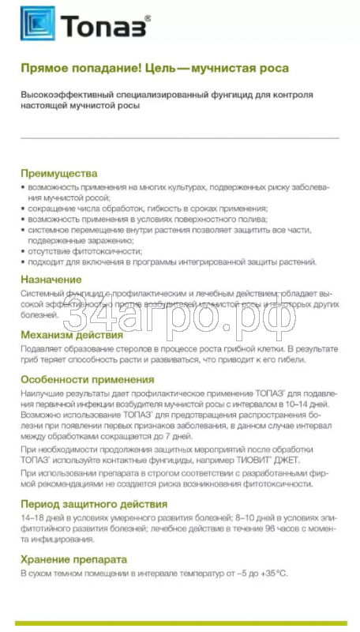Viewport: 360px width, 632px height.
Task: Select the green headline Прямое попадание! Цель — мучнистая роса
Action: [x=155, y=69]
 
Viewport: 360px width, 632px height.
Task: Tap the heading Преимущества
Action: [x=59, y=173]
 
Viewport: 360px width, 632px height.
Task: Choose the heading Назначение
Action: [x=51, y=279]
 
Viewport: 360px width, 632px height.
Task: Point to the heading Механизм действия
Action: [x=73, y=334]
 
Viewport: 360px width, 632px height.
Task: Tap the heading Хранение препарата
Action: [x=79, y=559]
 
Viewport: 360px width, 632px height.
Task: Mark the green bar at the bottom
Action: [x=180, y=624]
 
